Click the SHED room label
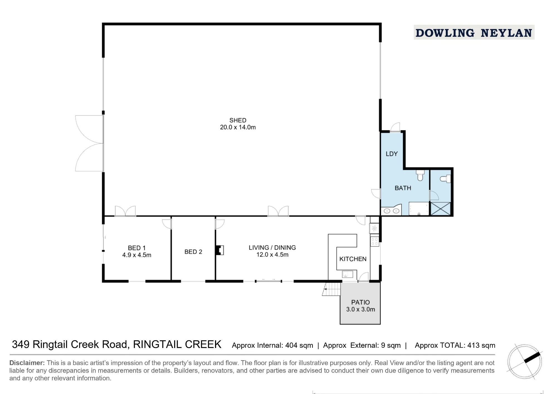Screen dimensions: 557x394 point(238,120)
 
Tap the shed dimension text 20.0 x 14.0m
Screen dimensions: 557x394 point(238,127)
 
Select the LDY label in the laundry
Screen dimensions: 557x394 point(392,154)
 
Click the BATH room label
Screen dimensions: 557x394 point(403,188)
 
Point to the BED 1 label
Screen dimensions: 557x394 point(137,248)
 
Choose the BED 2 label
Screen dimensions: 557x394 point(193,252)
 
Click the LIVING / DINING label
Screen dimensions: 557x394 point(272,248)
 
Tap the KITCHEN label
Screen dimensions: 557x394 point(353,259)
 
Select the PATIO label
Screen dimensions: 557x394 point(361,302)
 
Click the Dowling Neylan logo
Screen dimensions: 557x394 point(474,33)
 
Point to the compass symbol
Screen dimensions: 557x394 point(525,362)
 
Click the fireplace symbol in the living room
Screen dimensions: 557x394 point(220,250)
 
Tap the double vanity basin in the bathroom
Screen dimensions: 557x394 point(392,210)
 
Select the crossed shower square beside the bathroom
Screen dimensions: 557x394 point(441,209)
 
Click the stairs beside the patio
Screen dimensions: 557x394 point(332,289)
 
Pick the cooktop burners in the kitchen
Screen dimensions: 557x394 point(375,242)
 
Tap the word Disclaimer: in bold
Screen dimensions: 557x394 point(27,363)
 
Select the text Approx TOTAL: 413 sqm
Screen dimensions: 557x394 point(455,346)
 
